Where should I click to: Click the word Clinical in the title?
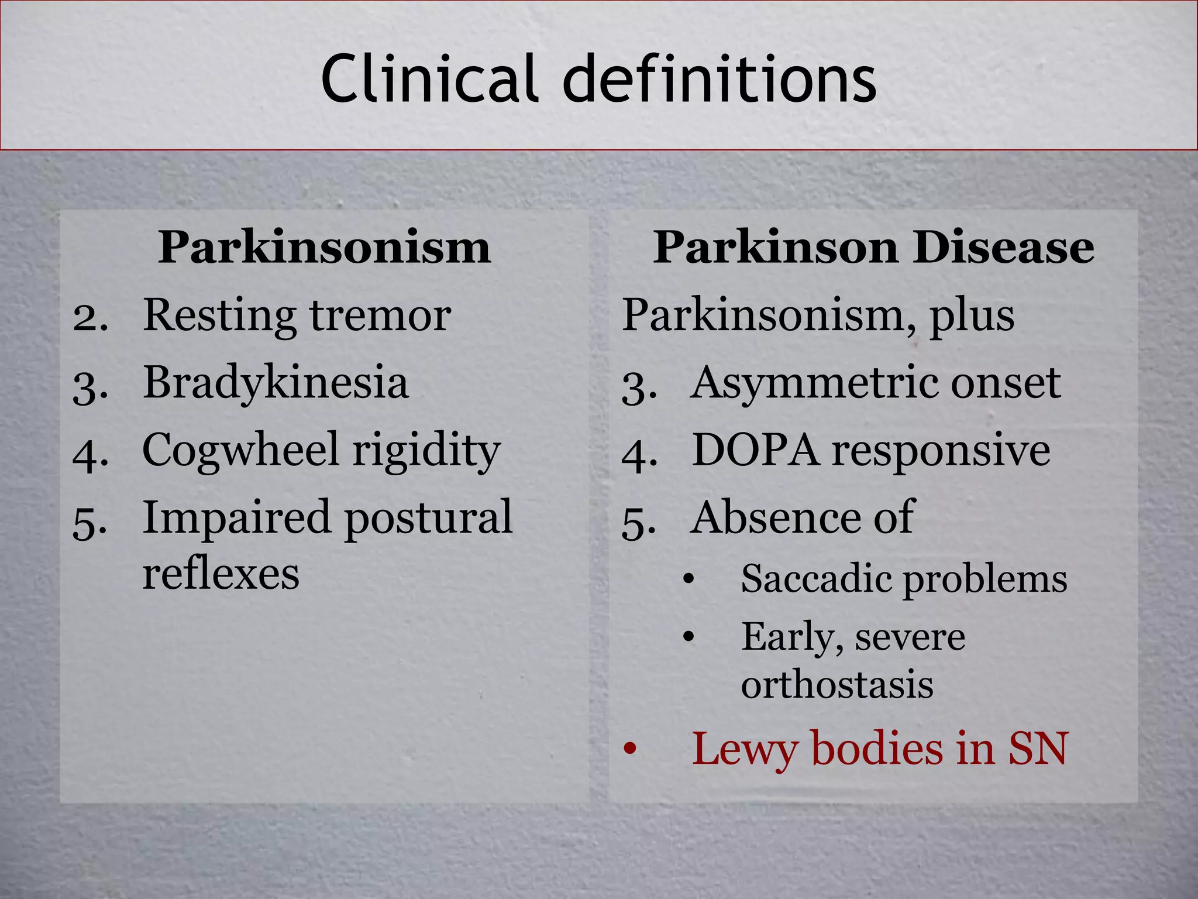pyautogui.click(x=428, y=79)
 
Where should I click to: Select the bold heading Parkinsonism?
pyautogui.click(x=324, y=248)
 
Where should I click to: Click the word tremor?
pyautogui.click(x=380, y=315)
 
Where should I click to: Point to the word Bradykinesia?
pyautogui.click(x=276, y=383)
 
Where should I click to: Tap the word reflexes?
pyautogui.click(x=221, y=574)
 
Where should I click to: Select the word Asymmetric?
pyautogui.click(x=814, y=383)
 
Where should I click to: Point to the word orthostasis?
pyautogui.click(x=836, y=685)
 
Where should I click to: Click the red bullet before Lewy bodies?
pyautogui.click(x=629, y=749)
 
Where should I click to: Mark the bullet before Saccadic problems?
pyautogui.click(x=688, y=580)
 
